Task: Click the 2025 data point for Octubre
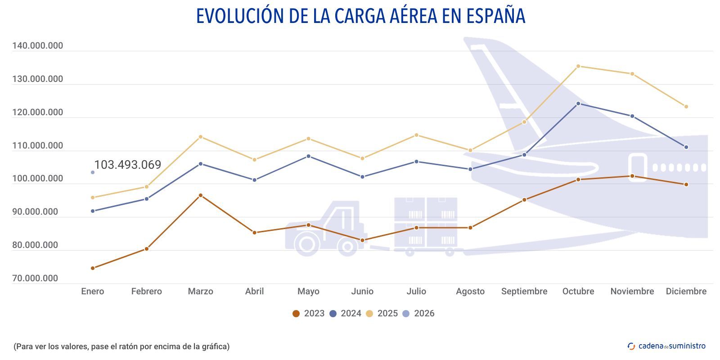578,66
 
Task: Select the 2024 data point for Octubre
578,103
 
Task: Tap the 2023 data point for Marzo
201,195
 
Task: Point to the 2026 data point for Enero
93,172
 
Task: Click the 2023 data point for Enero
93,268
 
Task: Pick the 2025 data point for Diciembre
686,107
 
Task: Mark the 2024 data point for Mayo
308,156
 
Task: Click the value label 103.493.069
127,165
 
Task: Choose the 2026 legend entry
418,314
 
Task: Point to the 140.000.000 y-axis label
37,46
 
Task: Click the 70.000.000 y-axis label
35,279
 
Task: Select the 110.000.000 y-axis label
37,146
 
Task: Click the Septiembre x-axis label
524,292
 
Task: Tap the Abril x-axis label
254,292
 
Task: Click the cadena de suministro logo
666,346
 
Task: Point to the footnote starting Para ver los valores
121,346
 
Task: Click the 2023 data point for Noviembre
632,176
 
